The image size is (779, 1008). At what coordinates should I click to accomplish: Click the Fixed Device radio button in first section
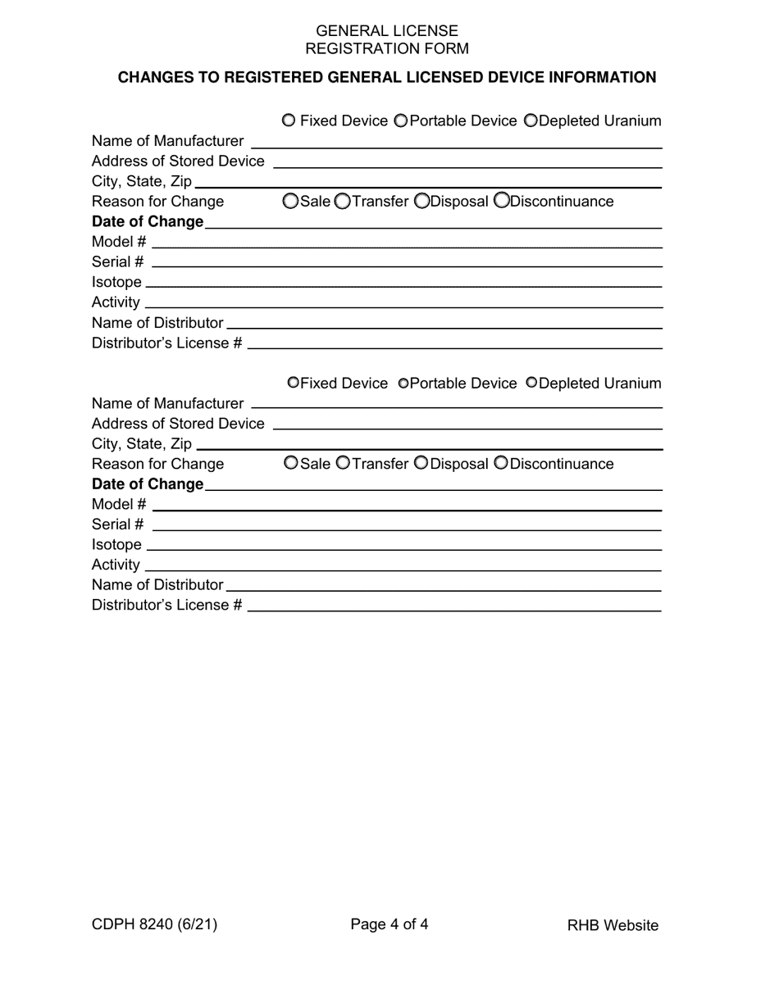pos(289,120)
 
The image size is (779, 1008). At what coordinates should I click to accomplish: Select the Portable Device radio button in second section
pos(403,383)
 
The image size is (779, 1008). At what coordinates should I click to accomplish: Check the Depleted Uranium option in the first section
pos(531,120)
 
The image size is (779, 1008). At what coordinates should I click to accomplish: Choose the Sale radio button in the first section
pos(290,201)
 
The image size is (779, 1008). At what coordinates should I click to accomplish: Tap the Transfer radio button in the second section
pos(343,463)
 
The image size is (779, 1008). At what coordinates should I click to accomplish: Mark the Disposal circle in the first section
pos(421,201)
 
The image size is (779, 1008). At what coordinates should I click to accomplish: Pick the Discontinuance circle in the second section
pos(501,463)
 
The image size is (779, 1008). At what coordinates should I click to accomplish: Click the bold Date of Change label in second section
pos(148,484)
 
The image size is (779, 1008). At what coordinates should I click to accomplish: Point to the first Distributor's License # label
pos(166,343)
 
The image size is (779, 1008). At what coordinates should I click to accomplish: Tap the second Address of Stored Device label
pos(178,423)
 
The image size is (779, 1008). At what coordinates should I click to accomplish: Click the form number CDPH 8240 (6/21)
pos(154,924)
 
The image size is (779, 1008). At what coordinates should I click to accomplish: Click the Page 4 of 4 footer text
pos(389,924)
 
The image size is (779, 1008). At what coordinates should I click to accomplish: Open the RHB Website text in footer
pos(613,925)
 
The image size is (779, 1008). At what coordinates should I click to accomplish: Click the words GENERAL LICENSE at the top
pos(387,31)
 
